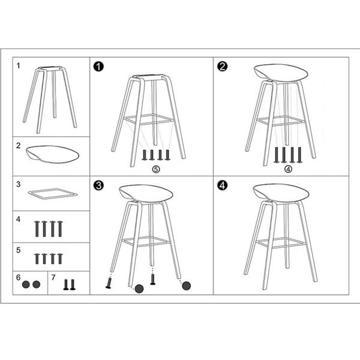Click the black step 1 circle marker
[98, 66]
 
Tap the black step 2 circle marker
[222, 66]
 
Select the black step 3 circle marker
[98, 185]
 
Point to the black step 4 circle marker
[222, 185]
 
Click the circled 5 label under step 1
[155, 169]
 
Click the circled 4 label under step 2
[287, 169]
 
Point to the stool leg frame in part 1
[50, 96]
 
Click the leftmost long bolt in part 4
[37, 228]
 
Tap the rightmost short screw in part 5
[60, 258]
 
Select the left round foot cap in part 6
[26, 284]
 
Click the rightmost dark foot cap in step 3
[186, 286]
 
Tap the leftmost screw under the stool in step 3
[109, 281]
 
